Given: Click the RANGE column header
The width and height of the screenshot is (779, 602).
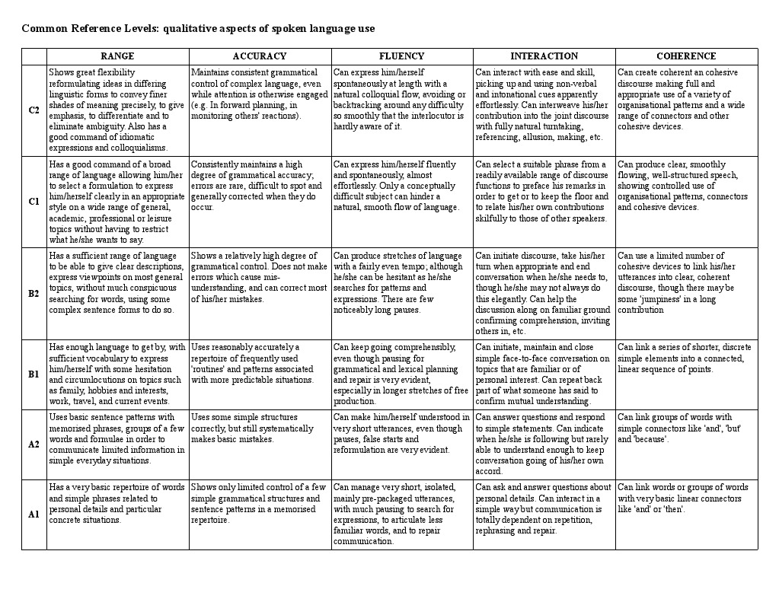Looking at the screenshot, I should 117,56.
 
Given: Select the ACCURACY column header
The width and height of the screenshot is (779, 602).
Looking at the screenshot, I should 260,56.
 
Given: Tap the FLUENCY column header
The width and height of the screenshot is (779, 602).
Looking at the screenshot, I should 401,56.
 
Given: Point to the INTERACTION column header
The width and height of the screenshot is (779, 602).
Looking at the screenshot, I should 544,56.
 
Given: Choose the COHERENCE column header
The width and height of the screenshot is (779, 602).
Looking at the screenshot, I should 686,56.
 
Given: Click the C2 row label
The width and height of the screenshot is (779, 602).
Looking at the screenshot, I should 34,110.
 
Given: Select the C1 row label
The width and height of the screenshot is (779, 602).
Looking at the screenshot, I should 34,202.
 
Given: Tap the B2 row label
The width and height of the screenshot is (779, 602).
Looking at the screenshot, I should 34,293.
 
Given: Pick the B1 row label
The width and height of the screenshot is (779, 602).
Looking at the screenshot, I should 34,374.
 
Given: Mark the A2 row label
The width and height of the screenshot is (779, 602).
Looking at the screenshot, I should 34,444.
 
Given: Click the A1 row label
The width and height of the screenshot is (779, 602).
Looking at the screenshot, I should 34,514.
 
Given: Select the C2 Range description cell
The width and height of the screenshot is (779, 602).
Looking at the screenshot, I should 117,110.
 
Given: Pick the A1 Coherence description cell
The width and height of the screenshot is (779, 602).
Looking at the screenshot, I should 686,498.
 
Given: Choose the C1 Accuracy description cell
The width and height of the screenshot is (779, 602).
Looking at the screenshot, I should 260,186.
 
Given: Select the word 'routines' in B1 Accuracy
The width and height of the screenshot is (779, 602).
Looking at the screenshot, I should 208,369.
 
